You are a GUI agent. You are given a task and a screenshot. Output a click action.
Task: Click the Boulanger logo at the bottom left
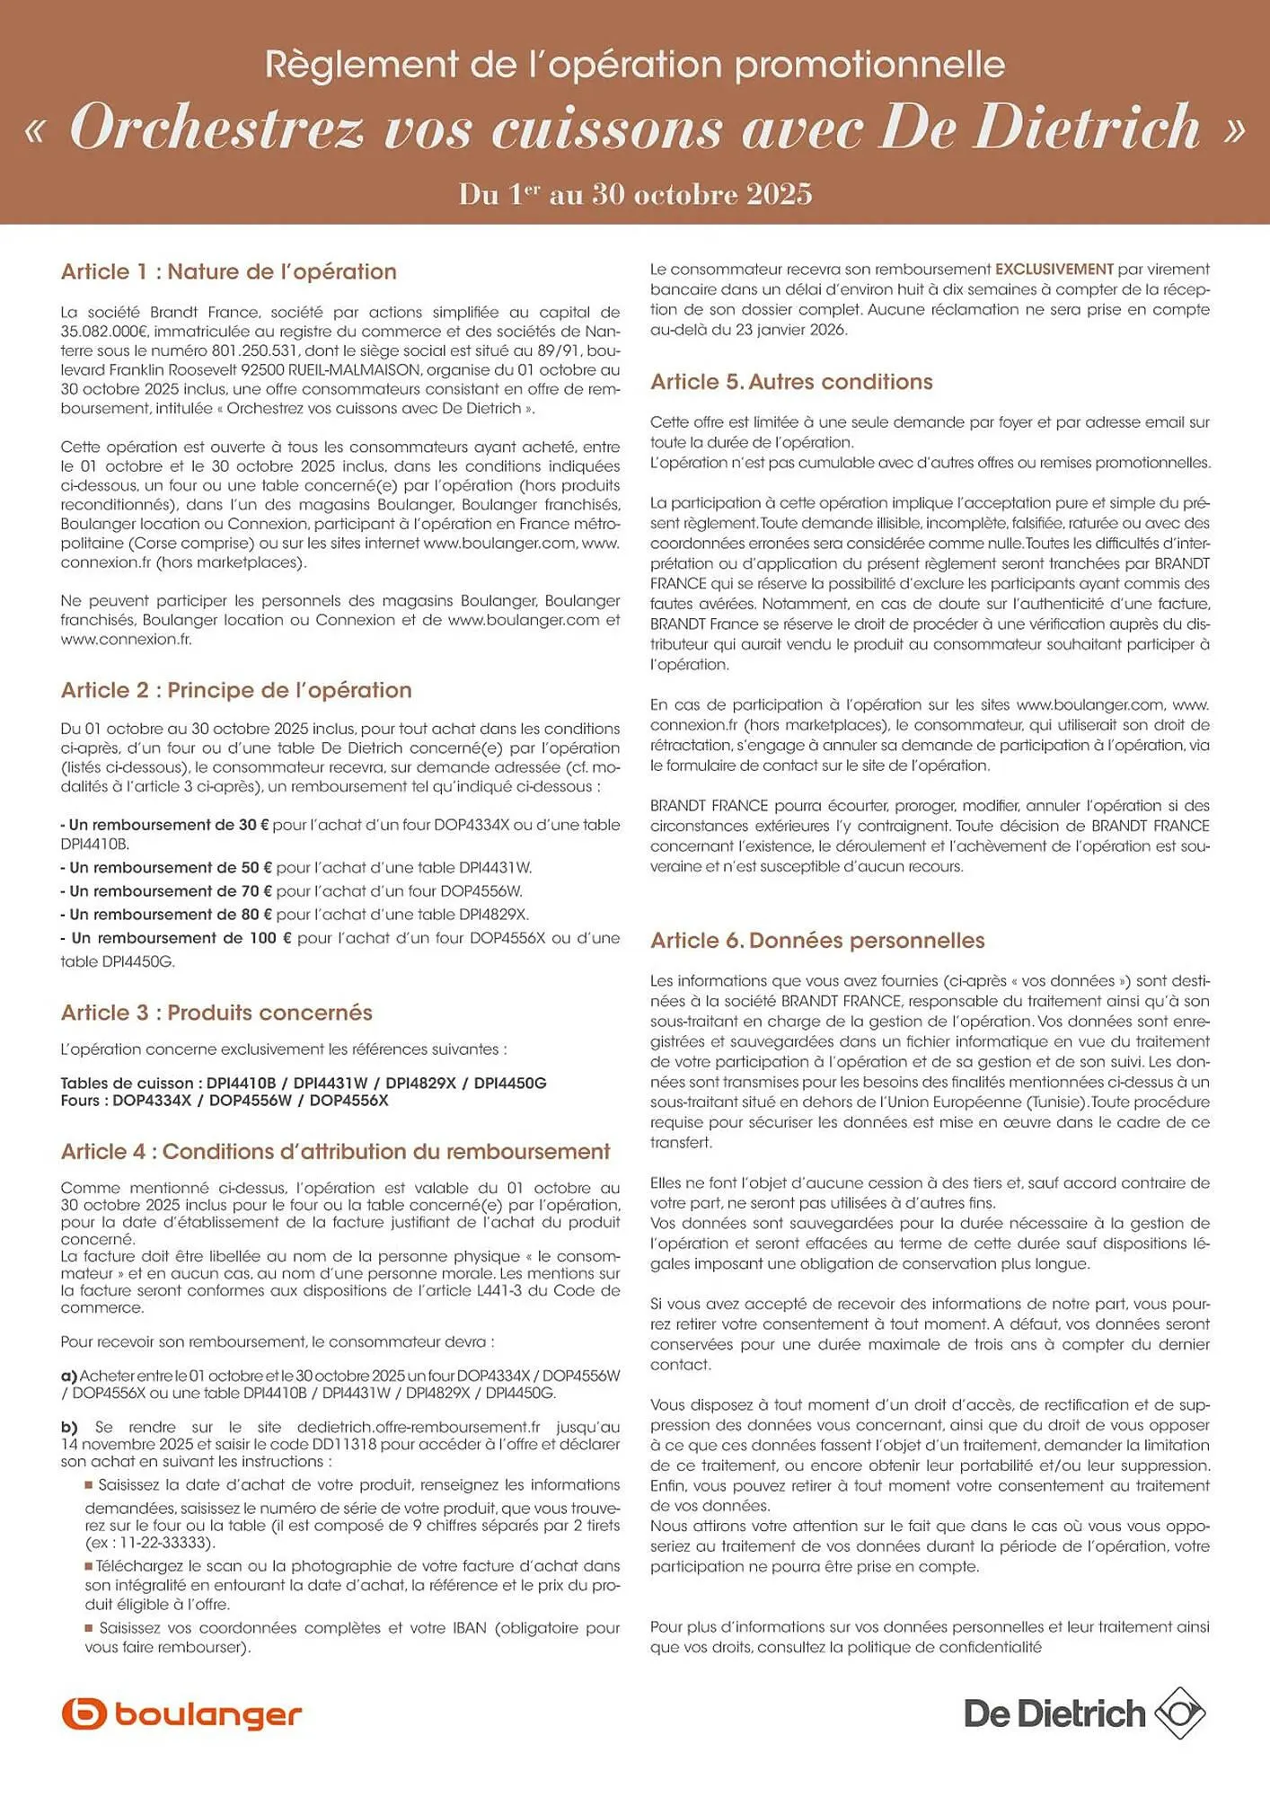pyautogui.click(x=181, y=1714)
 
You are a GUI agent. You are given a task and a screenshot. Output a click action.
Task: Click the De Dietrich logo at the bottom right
pyautogui.click(x=1084, y=1713)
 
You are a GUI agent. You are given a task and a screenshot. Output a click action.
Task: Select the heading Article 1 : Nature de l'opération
pyautogui.click(x=228, y=271)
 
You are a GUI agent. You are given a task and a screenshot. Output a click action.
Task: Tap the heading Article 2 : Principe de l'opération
pyautogui.click(x=236, y=690)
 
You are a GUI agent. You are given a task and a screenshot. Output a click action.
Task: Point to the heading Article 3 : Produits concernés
pyautogui.click(x=216, y=1013)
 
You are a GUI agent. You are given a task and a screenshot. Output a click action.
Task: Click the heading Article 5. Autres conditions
pyautogui.click(x=791, y=382)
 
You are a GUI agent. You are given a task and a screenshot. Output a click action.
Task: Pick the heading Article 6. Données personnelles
pyautogui.click(x=817, y=941)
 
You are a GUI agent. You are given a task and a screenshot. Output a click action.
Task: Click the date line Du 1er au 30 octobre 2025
pyautogui.click(x=635, y=194)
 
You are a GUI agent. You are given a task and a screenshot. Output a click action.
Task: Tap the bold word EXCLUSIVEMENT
pyautogui.click(x=1054, y=269)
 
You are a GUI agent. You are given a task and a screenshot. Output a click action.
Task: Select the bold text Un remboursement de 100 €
pyautogui.click(x=181, y=938)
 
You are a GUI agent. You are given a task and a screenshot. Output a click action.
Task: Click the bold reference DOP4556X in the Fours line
pyautogui.click(x=348, y=1101)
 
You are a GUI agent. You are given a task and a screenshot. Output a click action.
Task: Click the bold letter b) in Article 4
pyautogui.click(x=69, y=1427)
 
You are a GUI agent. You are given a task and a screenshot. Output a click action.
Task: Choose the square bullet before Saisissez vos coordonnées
pyautogui.click(x=89, y=1627)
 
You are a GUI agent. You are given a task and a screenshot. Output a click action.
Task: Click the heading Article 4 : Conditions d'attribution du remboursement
pyautogui.click(x=335, y=1152)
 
